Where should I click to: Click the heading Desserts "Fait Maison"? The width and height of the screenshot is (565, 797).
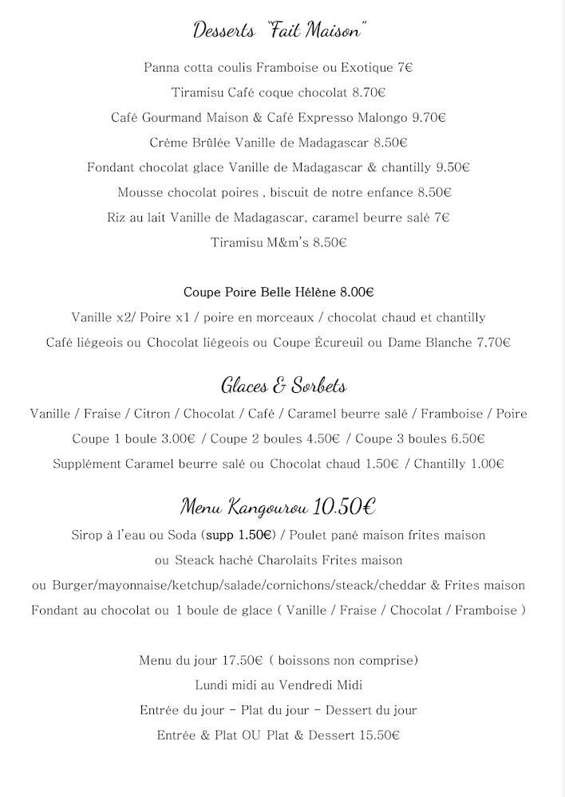tap(280, 31)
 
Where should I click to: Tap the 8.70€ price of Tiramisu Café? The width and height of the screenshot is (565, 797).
tap(369, 92)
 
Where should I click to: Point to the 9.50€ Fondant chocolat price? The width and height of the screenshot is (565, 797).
tap(452, 167)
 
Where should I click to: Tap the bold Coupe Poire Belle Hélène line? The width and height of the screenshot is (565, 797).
tap(279, 292)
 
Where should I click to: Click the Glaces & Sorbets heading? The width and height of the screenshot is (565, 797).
tap(283, 387)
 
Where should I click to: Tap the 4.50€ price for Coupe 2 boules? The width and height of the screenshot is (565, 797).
tap(323, 438)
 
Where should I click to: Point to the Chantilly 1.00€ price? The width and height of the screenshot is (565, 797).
tap(488, 463)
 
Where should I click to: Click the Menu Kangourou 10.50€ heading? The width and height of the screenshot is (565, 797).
tap(279, 506)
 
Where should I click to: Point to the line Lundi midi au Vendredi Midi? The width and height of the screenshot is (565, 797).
tap(279, 685)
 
